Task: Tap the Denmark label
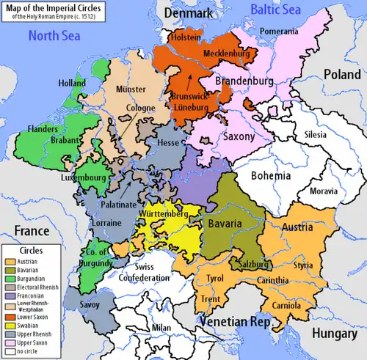pos(186,13)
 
